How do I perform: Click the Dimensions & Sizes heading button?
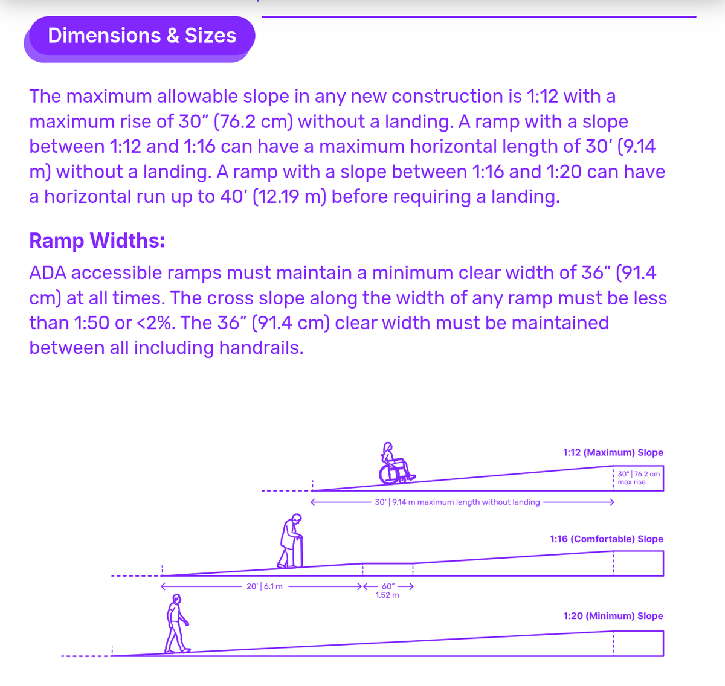point(142,36)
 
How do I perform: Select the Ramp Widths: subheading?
point(97,240)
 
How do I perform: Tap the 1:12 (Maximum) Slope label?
point(613,452)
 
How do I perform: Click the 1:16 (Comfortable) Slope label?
point(606,539)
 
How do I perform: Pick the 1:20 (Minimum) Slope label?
point(613,616)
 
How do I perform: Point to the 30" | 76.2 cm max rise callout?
point(638,478)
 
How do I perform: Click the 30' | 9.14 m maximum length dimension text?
point(457,502)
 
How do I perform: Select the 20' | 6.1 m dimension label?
point(264,586)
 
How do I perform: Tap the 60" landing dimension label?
point(387,590)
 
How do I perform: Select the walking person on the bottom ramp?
point(176,624)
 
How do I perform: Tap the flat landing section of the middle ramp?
point(387,563)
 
